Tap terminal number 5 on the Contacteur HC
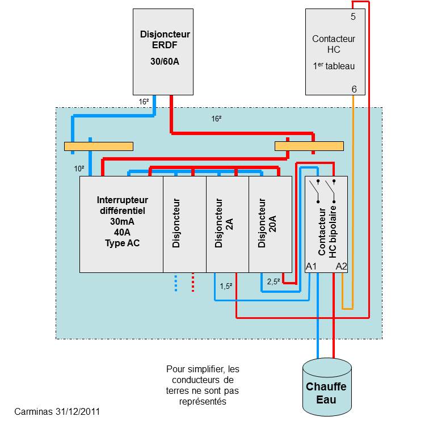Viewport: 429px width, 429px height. pos(353,17)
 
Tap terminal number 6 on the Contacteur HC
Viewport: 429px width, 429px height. pos(354,90)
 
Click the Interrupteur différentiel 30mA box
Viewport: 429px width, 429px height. pos(121,224)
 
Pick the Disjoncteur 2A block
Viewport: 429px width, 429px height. pos(227,224)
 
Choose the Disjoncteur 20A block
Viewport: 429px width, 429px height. pos(270,224)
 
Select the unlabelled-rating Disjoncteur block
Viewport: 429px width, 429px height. pos(184,224)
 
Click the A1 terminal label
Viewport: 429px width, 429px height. pos(311,266)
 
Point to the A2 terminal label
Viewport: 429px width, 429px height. pos(341,266)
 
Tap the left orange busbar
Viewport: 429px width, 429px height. pos(99,146)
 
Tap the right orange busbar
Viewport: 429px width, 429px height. pos(309,146)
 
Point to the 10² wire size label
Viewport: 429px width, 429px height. pos(79,169)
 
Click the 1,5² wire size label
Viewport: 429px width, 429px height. pos(225,286)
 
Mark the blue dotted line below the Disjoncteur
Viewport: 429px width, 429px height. pos(176,283)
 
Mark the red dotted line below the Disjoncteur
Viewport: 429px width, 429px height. pos(193,283)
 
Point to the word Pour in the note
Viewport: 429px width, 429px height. pos(176,369)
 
